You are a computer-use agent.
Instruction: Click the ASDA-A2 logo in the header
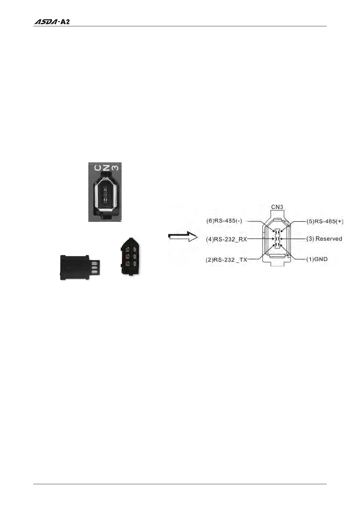[x=52, y=22]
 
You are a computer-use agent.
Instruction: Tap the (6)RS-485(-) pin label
[x=224, y=221]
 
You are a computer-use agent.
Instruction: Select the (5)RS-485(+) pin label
[x=325, y=221]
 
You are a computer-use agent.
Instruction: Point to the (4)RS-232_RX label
[x=227, y=239]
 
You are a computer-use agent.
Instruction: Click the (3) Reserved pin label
[x=324, y=238]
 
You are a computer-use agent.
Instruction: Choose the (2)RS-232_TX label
[x=227, y=260]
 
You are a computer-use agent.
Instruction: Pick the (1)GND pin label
[x=317, y=259]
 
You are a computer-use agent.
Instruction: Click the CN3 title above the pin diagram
[x=277, y=207]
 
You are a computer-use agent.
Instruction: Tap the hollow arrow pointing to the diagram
[x=182, y=237]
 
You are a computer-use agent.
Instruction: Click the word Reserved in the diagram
[x=329, y=238]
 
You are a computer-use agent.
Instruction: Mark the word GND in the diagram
[x=321, y=259]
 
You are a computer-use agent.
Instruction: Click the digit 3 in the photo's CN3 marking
[x=115, y=167]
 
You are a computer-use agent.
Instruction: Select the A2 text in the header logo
[x=65, y=22]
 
